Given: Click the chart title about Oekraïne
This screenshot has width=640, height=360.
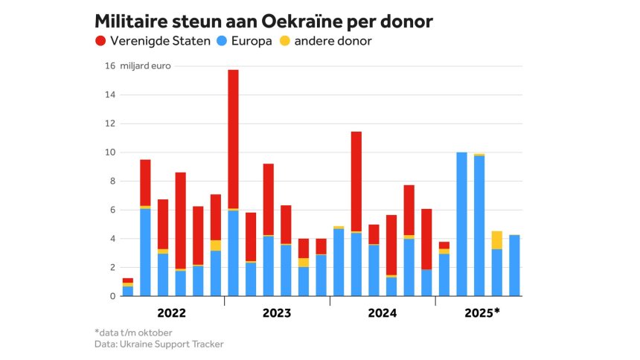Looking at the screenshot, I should coord(264,21).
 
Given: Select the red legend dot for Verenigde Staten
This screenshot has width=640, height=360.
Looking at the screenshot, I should coord(100,41).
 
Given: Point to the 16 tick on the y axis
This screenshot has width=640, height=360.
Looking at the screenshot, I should coord(109,66).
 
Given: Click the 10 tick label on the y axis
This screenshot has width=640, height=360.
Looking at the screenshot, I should coord(109,152).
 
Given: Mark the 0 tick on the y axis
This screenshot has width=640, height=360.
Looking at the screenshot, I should coord(112,296).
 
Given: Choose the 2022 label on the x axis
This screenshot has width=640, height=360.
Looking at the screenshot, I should coord(171,313).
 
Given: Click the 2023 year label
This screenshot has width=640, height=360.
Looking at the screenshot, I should coord(277,313).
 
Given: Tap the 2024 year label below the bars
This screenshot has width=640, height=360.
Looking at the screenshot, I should coord(383,313).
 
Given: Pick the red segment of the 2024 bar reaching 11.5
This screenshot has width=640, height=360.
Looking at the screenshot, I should coord(356,181).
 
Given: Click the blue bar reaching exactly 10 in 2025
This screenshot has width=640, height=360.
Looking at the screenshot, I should coord(462,224).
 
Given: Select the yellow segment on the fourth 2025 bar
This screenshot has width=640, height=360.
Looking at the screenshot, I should coord(497,240).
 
